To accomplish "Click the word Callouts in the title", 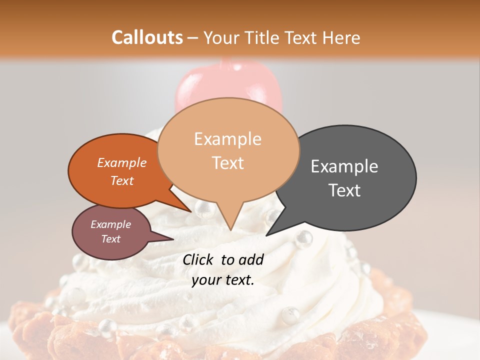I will coord(147,37).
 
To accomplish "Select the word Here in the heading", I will coord(342,37).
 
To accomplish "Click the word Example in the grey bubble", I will coord(344,166).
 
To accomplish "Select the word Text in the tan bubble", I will coord(228,163).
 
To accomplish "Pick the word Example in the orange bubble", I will coord(122,162).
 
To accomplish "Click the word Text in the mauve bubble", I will coord(111,239).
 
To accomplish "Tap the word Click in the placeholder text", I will coord(199,259).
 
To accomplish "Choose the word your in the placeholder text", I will coord(206,280).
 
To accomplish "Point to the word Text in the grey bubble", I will coord(344,190).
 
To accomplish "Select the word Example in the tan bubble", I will coord(228,139).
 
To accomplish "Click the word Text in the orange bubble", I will coord(122,180).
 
